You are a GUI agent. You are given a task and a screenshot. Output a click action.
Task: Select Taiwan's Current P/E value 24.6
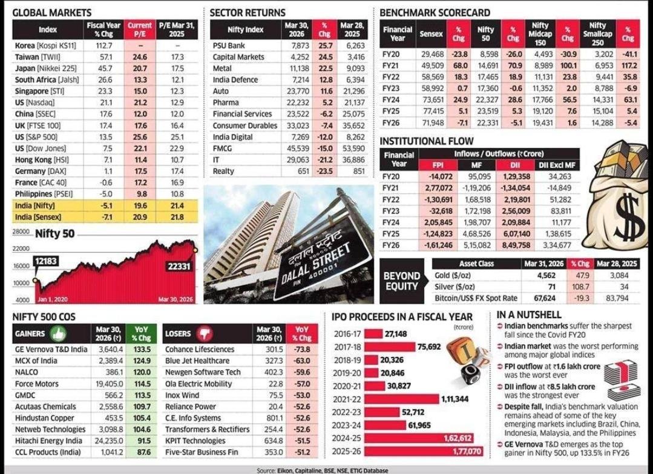coord(140,57)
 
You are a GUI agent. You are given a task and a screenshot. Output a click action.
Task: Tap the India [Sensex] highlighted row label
coord(38,217)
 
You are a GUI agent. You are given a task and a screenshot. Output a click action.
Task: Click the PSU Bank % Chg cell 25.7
coord(325,45)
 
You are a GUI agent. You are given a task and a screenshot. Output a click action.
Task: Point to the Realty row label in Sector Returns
coord(224,171)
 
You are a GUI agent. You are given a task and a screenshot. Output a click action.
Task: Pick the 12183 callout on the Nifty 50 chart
coord(46,261)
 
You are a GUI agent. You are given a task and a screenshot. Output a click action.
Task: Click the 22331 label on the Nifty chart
coord(179,266)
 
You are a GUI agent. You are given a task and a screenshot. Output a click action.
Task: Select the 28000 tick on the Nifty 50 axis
coord(21,232)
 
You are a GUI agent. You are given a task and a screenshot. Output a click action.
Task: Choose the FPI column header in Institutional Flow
coord(438,165)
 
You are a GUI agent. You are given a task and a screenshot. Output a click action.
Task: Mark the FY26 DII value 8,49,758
coord(516,245)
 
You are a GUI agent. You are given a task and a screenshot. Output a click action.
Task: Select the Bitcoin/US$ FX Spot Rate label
coord(476,298)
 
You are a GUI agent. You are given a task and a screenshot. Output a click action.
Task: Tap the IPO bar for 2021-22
coord(401,399)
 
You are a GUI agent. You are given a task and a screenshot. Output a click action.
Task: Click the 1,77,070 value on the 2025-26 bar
coord(467,452)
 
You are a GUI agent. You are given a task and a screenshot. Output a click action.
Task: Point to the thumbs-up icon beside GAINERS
coord(58,334)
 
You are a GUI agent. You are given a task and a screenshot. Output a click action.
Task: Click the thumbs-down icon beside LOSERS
coord(205,334)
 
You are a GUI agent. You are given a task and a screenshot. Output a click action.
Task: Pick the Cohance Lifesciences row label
coord(200,349)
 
